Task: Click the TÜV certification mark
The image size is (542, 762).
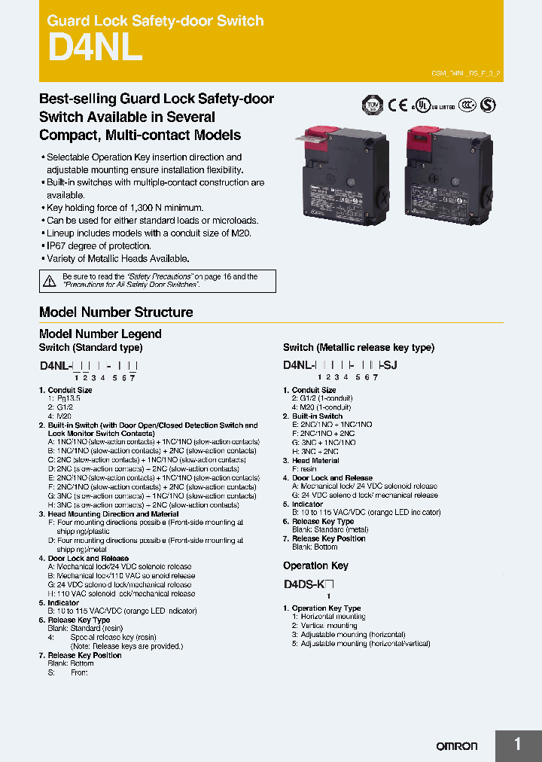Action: click(x=372, y=105)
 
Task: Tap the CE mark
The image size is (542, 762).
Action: click(x=398, y=105)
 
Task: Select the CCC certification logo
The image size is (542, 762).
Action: click(x=468, y=105)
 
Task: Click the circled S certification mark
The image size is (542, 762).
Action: click(x=488, y=105)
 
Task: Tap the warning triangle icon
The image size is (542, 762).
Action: click(x=50, y=281)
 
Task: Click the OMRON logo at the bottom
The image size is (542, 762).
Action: click(x=457, y=745)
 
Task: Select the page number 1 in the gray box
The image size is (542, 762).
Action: click(x=518, y=745)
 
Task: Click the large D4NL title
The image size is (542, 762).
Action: click(x=95, y=48)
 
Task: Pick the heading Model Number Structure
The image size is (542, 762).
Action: click(x=116, y=312)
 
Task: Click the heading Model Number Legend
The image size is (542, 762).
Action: click(x=100, y=334)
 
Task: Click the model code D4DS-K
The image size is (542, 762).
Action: click(x=304, y=584)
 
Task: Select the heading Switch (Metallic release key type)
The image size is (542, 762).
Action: click(x=358, y=348)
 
